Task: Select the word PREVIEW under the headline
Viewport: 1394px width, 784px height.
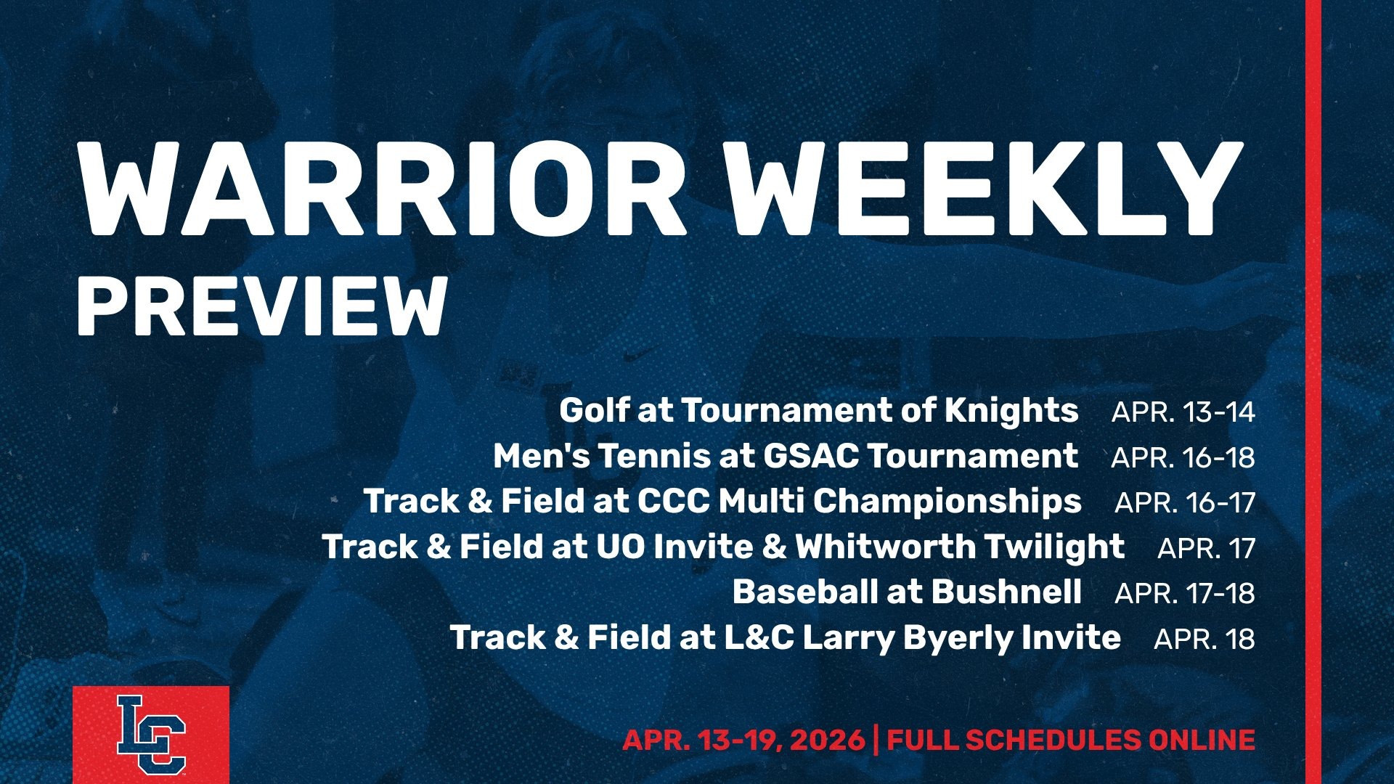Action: [261, 306]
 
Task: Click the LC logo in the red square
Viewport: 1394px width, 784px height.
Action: [151, 735]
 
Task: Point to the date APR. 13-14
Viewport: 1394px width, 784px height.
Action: [1183, 412]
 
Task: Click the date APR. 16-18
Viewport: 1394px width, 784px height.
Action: [1183, 457]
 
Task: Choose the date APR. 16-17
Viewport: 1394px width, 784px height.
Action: [1184, 502]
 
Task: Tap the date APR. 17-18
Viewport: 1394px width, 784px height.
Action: [1184, 593]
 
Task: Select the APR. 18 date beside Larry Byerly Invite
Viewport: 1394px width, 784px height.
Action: [1204, 639]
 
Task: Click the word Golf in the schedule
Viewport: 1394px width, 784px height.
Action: [593, 411]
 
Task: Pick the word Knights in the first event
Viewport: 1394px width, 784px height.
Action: [1011, 411]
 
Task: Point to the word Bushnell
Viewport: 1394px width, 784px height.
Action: [1006, 592]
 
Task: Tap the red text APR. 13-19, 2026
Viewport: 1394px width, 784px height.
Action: [743, 740]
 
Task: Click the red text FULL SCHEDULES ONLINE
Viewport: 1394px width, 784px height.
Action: [1071, 740]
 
